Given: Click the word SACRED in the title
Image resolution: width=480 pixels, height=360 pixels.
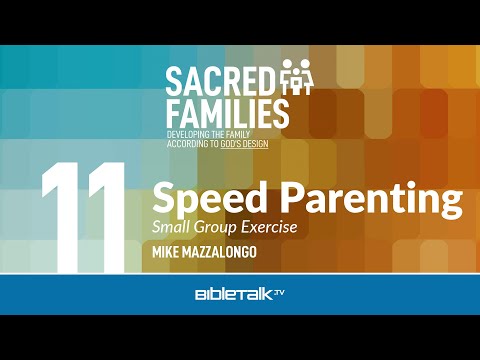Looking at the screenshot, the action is pos(219,81).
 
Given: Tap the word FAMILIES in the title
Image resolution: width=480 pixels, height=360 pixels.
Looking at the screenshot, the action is pos(227,114).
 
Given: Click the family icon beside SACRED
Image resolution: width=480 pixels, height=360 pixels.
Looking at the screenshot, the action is pos(296,77).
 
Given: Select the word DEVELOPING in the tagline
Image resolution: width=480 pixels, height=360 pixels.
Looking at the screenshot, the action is pos(188,135).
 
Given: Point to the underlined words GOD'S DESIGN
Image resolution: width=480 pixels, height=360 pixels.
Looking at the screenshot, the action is pos(244,144).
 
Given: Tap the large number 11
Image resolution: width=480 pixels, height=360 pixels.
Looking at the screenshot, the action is pos(83,217).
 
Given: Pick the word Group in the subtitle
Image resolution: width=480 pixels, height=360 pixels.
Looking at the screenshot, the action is pos(215,228).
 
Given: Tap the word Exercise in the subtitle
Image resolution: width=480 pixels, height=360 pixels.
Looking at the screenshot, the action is pos(269,227).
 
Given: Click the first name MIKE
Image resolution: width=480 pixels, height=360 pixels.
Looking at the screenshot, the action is pos(166,252).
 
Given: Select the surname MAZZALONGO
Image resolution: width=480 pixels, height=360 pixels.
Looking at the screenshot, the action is pos(220,252).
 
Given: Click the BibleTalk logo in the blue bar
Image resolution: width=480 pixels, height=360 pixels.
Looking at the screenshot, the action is pos(240,294).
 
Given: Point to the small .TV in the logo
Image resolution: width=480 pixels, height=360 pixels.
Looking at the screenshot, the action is pos(279,292).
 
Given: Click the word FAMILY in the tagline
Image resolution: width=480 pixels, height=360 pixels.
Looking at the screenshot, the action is pos(236,135).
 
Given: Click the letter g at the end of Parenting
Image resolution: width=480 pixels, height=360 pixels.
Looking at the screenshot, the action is pos(451,204).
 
